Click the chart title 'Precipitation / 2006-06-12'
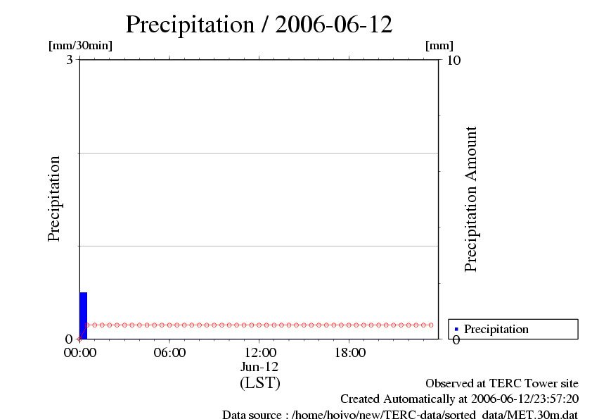click(259, 25)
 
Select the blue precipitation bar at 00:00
click(83, 315)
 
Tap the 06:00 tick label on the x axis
click(169, 353)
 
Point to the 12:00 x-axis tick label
click(259, 353)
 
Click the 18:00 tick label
click(349, 353)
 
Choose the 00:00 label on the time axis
click(79, 353)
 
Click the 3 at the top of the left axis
click(70, 60)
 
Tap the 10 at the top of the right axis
click(453, 60)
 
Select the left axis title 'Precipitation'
click(54, 199)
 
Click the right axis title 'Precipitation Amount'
click(471, 199)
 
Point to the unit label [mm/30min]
click(80, 46)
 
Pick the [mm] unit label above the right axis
click(439, 46)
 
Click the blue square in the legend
click(456, 330)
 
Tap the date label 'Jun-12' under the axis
click(259, 368)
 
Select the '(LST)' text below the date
click(259, 383)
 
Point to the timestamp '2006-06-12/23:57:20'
click(526, 399)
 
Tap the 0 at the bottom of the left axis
click(70, 339)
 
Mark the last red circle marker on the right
click(431, 325)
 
